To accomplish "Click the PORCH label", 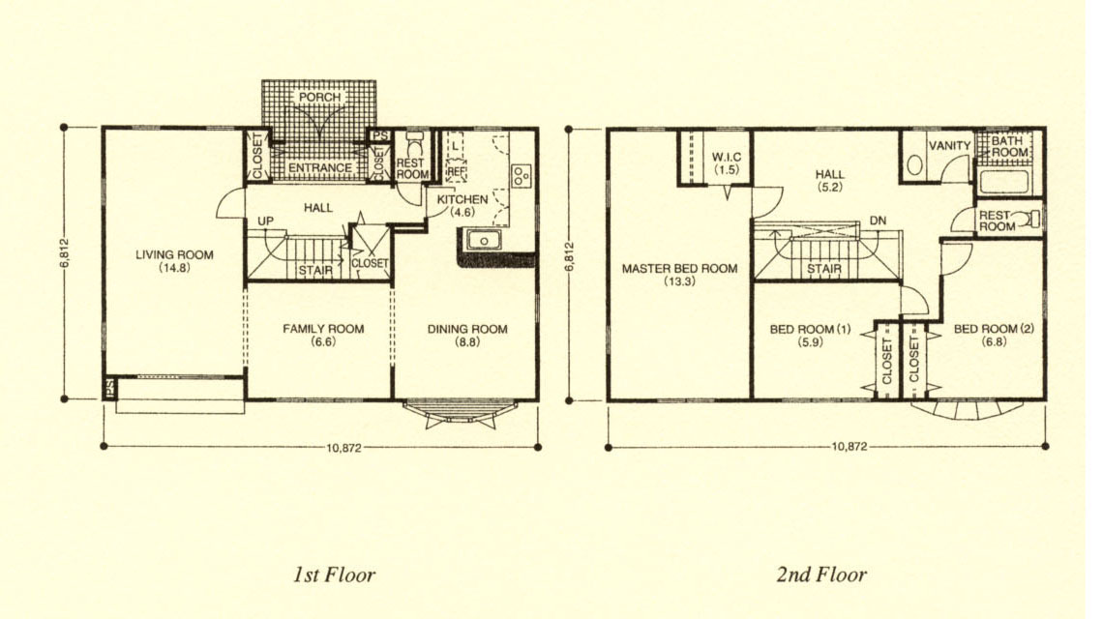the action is click(x=319, y=97).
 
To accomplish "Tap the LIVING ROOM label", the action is click(x=174, y=254).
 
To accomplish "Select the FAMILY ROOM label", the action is click(x=323, y=329).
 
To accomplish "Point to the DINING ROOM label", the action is click(x=467, y=329).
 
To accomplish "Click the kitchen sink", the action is click(x=483, y=241).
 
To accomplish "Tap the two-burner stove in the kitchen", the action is click(x=522, y=175).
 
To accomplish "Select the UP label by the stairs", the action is click(x=265, y=221).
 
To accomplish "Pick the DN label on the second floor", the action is click(x=878, y=221).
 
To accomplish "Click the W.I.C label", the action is click(x=726, y=157).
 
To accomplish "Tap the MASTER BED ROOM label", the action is click(x=679, y=268).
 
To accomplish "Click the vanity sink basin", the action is click(x=913, y=165).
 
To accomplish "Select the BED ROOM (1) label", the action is click(x=810, y=329).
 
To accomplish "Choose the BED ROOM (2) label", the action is click(x=994, y=329).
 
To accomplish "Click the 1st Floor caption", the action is click(x=334, y=575).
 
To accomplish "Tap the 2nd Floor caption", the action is click(x=820, y=575).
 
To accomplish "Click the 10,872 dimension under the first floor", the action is click(x=343, y=448).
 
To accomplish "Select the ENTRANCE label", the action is click(x=320, y=167).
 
